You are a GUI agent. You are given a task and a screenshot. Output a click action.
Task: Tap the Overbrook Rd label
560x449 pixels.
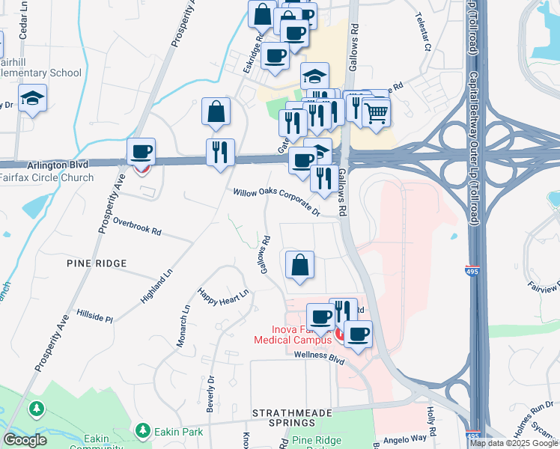click(137, 227)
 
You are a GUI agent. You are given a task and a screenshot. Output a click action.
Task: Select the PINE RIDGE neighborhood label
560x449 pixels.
click(97, 263)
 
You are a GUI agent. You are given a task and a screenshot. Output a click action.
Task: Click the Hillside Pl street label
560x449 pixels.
click(94, 314)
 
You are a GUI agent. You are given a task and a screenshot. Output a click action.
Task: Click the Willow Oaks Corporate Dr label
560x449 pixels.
click(276, 202)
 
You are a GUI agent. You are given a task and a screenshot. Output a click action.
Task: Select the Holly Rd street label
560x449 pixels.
click(430, 416)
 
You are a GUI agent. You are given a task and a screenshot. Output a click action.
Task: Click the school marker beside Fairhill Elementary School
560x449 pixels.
click(32, 100)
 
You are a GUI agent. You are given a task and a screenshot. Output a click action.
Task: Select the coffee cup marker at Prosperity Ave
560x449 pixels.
click(141, 153)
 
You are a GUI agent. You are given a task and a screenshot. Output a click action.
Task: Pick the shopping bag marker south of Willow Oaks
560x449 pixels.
click(299, 266)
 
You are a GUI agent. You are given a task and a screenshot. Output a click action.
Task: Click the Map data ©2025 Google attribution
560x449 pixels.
click(514, 443)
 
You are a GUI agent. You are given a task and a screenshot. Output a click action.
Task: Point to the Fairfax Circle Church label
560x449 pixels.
click(46, 178)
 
